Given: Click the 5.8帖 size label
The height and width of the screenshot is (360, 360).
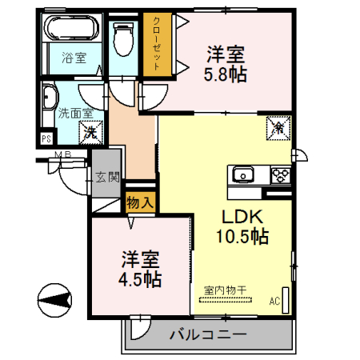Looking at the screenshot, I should click(225, 74).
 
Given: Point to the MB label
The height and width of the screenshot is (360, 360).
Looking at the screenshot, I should click(63, 155).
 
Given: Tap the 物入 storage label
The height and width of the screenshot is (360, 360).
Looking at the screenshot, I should click(140, 203).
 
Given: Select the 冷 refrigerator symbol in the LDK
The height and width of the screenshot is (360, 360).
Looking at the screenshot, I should click(278, 127).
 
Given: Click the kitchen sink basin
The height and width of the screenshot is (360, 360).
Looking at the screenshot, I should click(242, 174).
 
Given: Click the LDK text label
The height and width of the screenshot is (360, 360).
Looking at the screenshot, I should click(241, 216).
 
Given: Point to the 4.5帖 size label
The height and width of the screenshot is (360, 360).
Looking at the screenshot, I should click(141, 280).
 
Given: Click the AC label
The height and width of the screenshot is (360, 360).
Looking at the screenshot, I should click(274, 302).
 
